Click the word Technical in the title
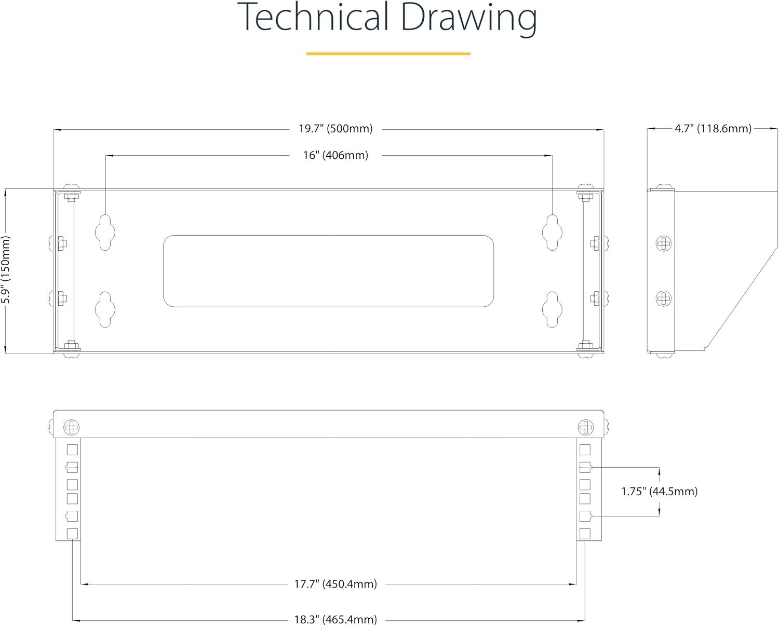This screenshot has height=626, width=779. tap(313, 17)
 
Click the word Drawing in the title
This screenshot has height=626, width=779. tap(469, 19)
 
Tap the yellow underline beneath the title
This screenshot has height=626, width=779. tap(388, 53)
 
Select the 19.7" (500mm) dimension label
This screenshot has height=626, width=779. tap(335, 128)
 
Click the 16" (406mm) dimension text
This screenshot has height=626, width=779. tap(335, 155)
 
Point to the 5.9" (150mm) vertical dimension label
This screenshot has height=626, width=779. tap(6, 269)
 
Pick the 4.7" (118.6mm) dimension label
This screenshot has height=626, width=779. tap(713, 128)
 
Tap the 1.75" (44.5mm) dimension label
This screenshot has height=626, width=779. tap(659, 491)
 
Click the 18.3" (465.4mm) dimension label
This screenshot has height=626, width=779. tap(335, 619)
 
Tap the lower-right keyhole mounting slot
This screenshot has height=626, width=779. tap(552, 310)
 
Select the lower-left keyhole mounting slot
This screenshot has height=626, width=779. tap(105, 310)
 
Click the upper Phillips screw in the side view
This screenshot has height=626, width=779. tap(664, 243)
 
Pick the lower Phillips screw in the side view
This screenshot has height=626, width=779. tap(664, 298)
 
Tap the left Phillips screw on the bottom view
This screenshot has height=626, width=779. tap(71, 427)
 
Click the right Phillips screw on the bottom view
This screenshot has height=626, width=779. tap(585, 427)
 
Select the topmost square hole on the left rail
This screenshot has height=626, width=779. tap(72, 450)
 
